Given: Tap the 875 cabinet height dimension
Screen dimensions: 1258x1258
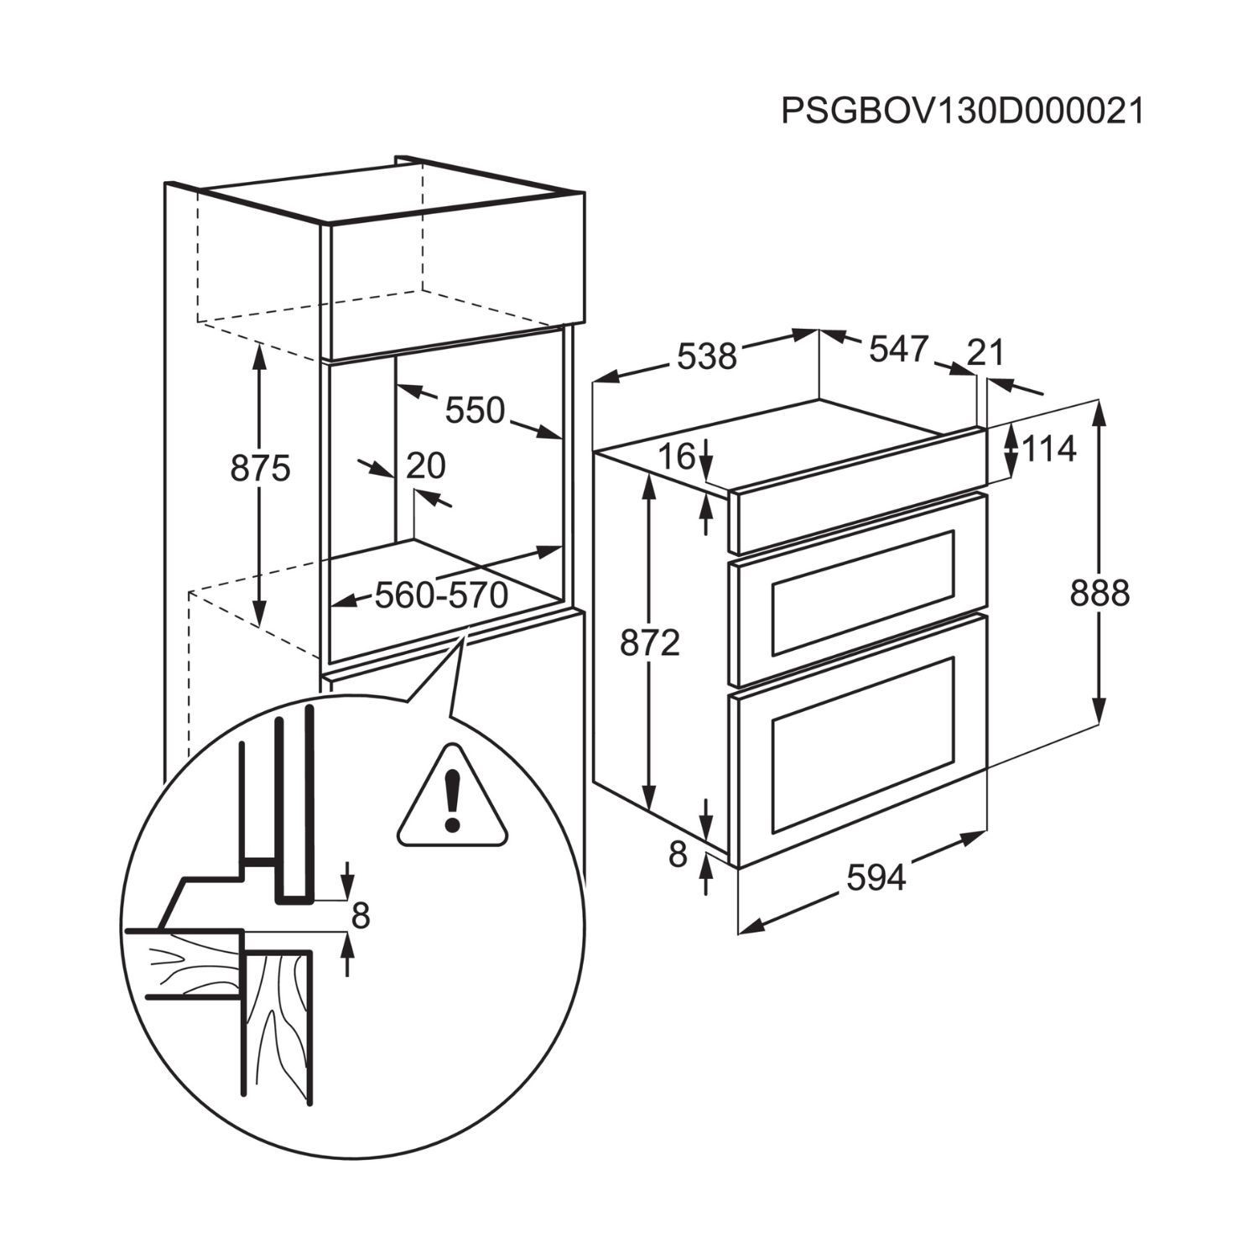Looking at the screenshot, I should tap(260, 469).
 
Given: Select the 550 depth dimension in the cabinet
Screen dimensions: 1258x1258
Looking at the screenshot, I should tap(475, 411).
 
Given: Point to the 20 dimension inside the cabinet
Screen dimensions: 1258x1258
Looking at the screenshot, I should tap(426, 465).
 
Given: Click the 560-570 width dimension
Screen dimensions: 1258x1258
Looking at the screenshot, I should tap(441, 595).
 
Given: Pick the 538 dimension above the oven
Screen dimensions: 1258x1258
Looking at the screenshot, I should tap(706, 356).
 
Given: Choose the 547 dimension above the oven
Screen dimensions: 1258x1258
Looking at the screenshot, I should tap(899, 349).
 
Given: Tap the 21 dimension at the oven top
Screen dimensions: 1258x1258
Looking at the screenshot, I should tap(985, 353).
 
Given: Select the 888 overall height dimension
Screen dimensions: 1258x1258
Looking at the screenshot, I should tap(1099, 594).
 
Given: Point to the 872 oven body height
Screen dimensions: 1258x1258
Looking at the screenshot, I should tap(650, 643).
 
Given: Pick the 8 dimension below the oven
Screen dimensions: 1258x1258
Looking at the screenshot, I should tap(678, 855).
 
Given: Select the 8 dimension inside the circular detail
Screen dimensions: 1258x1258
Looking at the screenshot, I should tap(361, 917).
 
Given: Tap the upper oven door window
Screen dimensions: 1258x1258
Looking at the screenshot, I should tap(863, 592).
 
